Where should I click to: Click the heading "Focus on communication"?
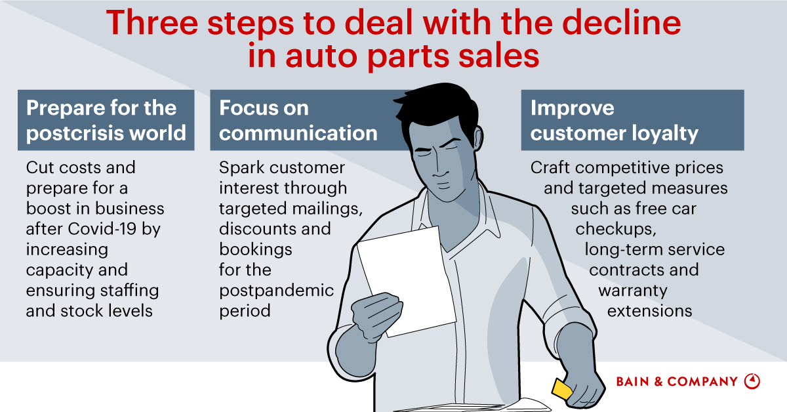click(x=298, y=120)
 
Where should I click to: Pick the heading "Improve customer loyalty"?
click(x=614, y=120)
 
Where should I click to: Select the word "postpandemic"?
click(x=276, y=290)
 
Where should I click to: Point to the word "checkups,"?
click(x=616, y=229)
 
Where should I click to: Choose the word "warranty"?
click(x=632, y=290)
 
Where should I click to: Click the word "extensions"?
click(x=649, y=310)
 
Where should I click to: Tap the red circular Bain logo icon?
click(x=752, y=381)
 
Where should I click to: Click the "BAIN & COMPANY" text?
click(x=677, y=381)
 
